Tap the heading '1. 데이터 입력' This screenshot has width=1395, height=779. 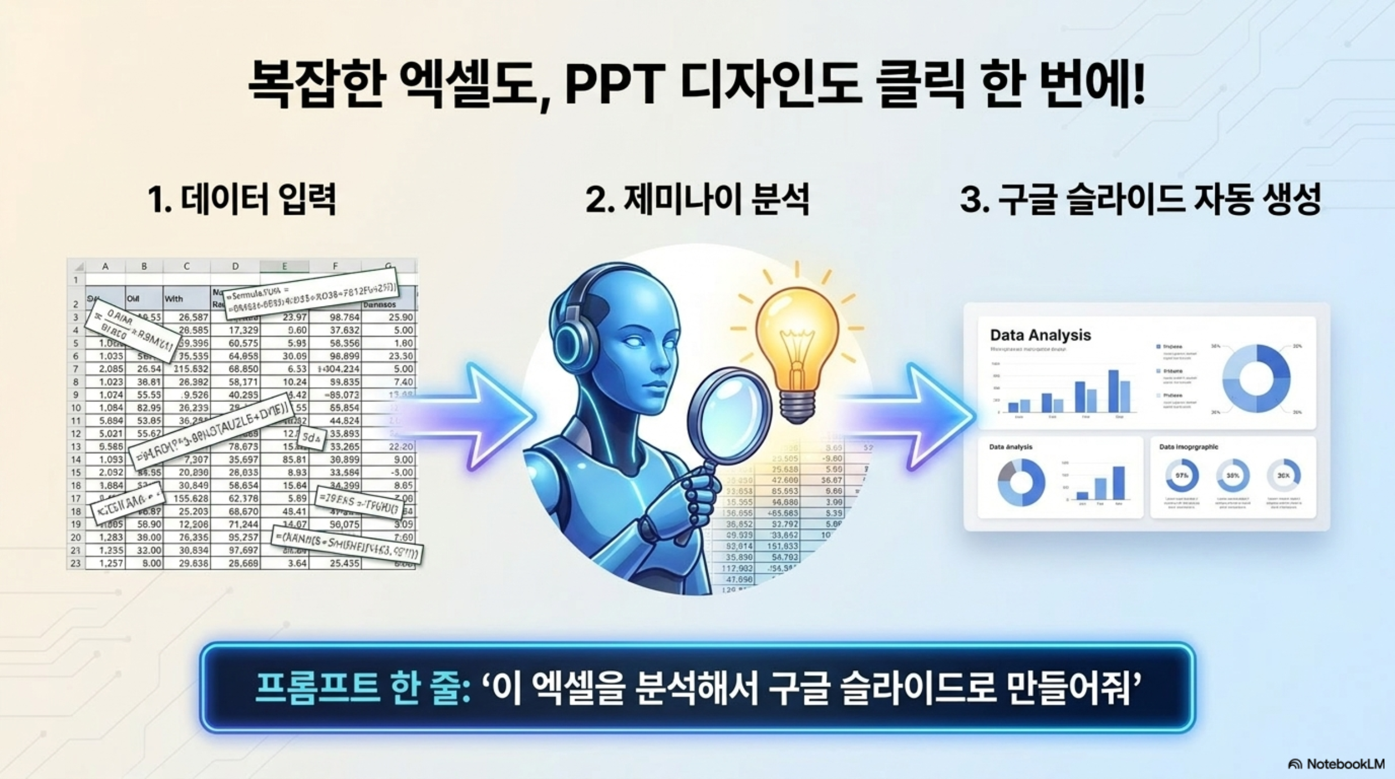click(x=242, y=199)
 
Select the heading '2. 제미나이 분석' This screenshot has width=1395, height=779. click(x=697, y=199)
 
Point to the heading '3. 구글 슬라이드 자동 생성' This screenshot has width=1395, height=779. click(x=1140, y=199)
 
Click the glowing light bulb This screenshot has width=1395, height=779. click(x=797, y=344)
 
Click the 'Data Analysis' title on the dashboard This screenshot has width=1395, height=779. click(x=1040, y=335)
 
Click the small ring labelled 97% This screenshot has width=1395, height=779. click(x=1181, y=476)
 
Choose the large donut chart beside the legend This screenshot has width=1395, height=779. click(x=1256, y=378)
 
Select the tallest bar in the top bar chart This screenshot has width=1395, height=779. click(x=1113, y=391)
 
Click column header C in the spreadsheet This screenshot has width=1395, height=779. click(x=186, y=266)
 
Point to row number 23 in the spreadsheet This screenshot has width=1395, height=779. click(x=75, y=563)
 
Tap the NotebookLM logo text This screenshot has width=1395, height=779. click(x=1344, y=764)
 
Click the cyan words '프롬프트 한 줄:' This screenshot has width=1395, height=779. click(x=362, y=688)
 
